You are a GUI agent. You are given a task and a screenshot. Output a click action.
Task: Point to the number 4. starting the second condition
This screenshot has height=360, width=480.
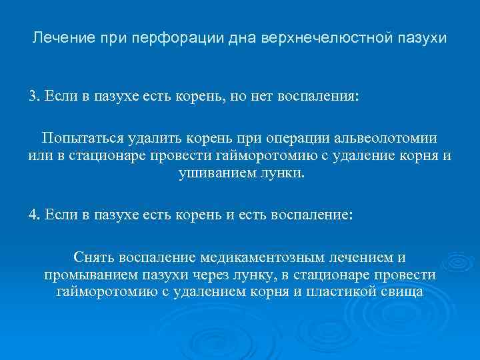tap(34, 216)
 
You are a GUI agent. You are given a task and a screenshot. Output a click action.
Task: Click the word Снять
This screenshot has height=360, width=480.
tap(95, 257)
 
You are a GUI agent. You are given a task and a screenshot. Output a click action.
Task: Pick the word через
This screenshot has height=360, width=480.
tap(199, 275)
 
